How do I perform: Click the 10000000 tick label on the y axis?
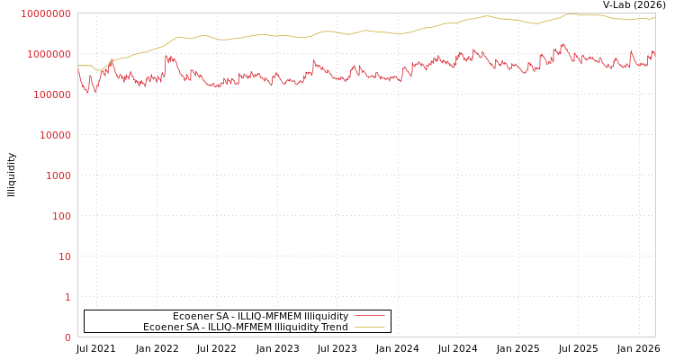tap(45, 13)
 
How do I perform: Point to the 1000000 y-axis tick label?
tap(48, 54)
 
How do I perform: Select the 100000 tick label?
tap(50, 94)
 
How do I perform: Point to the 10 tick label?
tap(64, 256)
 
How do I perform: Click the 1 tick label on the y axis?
tap(67, 297)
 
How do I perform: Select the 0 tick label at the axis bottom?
tap(67, 337)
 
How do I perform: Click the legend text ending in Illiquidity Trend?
tap(245, 327)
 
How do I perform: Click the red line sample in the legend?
tap(370, 316)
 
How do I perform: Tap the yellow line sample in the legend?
tap(370, 327)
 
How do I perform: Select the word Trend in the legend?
tap(332, 327)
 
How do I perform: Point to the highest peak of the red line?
tap(563, 43)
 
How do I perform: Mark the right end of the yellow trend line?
tap(654, 17)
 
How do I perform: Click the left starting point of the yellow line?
tap(78, 65)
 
